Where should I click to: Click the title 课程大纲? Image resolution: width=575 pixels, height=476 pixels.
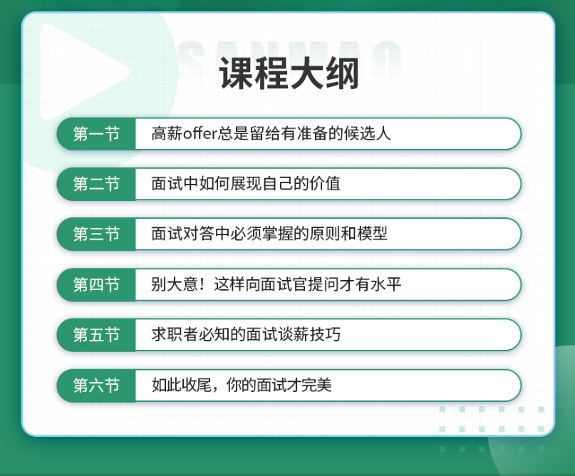click(x=289, y=73)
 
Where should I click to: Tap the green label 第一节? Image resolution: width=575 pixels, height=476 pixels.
click(x=96, y=134)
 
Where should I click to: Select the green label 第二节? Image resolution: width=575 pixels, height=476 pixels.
click(x=96, y=184)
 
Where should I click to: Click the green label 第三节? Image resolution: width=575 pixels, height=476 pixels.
click(x=96, y=234)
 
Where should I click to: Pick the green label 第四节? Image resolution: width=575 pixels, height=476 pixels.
click(x=96, y=284)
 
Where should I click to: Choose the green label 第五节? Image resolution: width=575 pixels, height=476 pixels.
click(x=96, y=335)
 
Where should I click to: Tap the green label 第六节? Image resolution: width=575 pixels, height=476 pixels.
click(x=96, y=386)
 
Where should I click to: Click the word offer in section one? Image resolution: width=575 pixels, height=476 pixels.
click(x=200, y=133)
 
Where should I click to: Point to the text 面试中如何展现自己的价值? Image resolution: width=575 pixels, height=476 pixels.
click(x=246, y=184)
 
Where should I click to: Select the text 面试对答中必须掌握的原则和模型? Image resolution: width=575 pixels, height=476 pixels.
click(x=269, y=234)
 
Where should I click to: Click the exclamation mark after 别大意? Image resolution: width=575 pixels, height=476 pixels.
click(x=202, y=284)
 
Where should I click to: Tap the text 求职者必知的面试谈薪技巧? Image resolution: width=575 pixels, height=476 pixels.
click(x=246, y=335)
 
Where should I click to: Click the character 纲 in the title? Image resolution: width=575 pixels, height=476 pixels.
click(x=343, y=73)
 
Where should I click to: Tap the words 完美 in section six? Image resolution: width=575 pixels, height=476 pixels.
click(x=316, y=386)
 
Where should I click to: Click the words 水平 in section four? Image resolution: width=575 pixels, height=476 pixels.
click(x=385, y=284)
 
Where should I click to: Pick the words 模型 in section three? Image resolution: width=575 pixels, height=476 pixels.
click(x=372, y=234)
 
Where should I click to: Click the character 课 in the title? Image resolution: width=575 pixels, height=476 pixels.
click(x=236, y=73)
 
